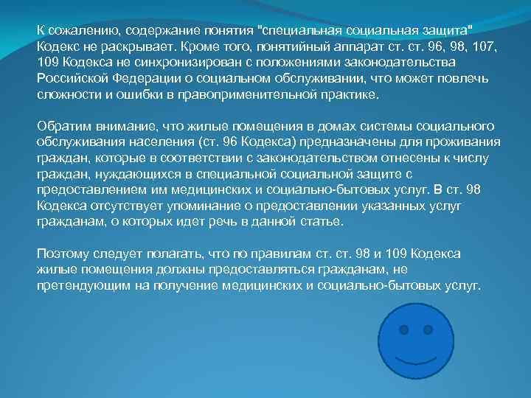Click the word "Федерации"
click(146, 79)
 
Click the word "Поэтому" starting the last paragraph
click(63, 253)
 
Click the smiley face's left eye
click(403, 330)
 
